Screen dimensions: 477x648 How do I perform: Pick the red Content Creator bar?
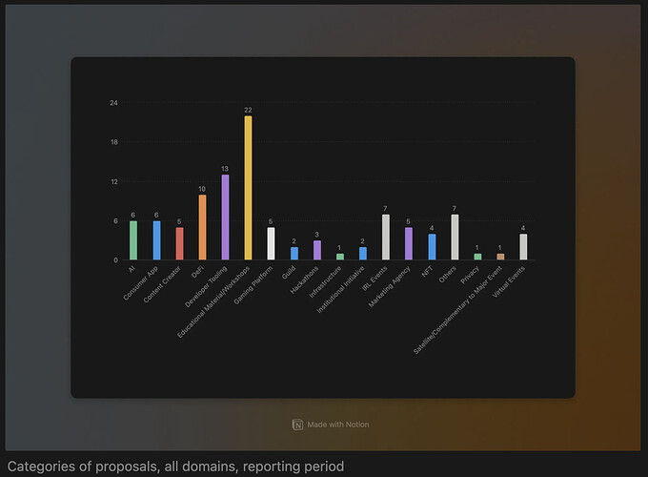179,243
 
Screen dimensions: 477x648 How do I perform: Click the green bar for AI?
133,240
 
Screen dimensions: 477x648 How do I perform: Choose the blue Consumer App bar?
156,240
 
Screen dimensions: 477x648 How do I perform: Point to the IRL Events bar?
386,237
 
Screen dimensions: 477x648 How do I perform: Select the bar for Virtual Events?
523,247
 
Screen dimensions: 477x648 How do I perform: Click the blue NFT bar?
432,247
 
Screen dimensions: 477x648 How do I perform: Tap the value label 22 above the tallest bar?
248,110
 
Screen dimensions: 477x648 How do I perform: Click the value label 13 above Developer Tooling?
225,169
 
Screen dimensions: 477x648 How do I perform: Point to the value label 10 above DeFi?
202,188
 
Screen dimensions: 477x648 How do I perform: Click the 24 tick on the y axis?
113,103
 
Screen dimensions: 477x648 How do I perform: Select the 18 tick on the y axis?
113,142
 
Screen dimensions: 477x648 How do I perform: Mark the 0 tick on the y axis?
115,259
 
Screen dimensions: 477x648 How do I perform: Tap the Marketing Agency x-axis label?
391,282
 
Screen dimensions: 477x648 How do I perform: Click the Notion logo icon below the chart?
297,424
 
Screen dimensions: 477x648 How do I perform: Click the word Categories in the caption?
39,467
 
